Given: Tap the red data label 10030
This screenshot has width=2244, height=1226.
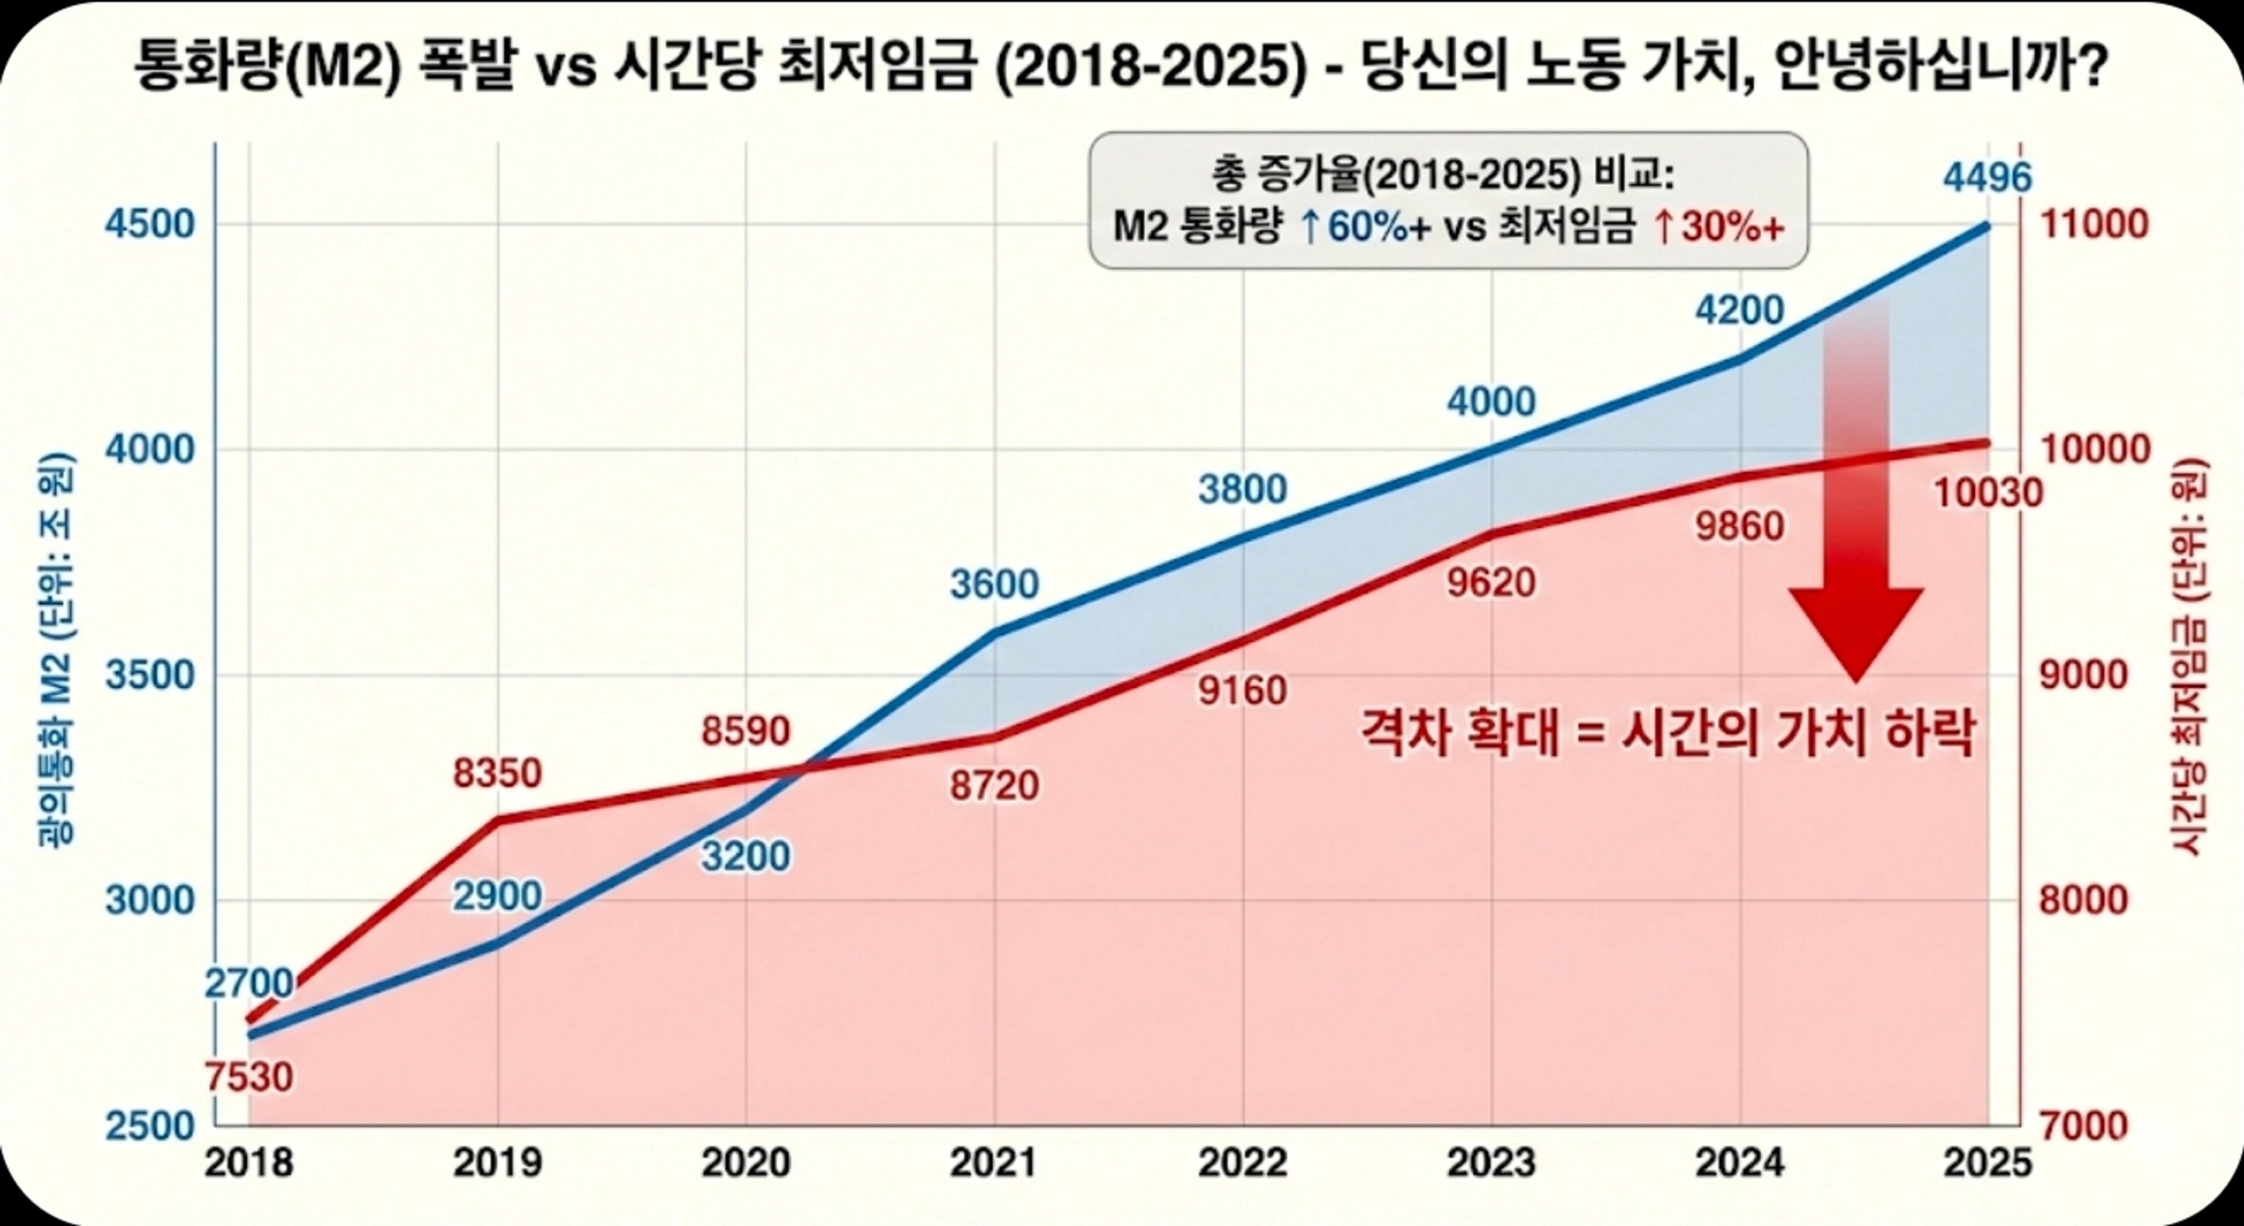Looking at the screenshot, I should (x=1988, y=494).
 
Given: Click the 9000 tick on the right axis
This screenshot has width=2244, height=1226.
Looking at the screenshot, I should (x=2084, y=676).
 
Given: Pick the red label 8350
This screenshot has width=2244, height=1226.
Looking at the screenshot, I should (x=497, y=773).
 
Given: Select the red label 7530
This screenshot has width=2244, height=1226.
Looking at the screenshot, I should (x=249, y=1078).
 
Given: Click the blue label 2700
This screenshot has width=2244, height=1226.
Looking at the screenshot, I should (x=249, y=983).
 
